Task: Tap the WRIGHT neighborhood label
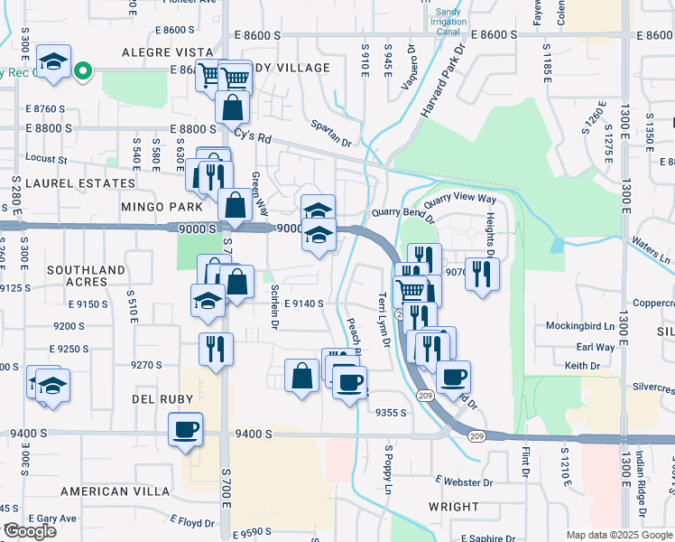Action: point(454,508)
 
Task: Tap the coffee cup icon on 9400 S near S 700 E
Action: point(186,430)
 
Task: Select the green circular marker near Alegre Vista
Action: point(83,70)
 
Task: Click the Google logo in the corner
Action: point(30,532)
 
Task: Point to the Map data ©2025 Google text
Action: point(618,535)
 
